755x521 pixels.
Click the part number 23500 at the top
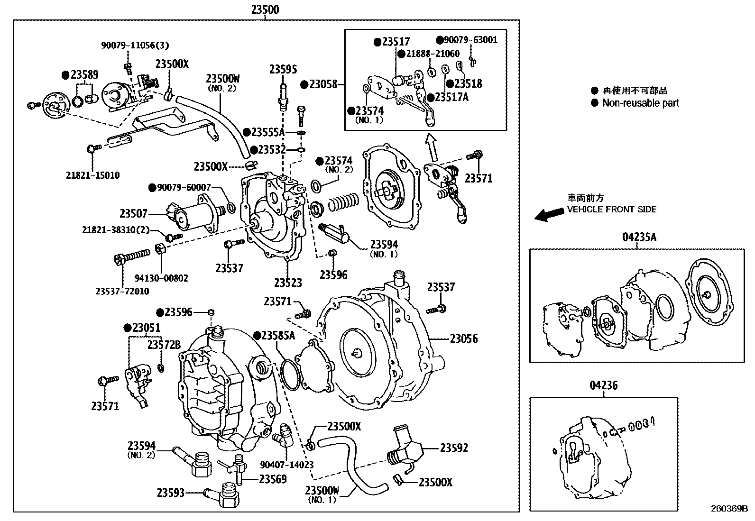click(x=265, y=9)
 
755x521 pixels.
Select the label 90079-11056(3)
click(x=135, y=46)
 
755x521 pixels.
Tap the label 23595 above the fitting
click(x=283, y=70)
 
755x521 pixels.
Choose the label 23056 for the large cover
click(x=463, y=338)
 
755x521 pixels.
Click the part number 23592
click(x=454, y=448)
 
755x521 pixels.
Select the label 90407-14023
click(x=287, y=465)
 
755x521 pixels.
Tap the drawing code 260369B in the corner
click(x=728, y=510)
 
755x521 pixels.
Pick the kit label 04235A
click(x=639, y=237)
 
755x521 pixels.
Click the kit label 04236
click(x=603, y=385)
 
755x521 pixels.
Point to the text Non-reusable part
click(x=640, y=103)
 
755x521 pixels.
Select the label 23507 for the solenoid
click(x=133, y=214)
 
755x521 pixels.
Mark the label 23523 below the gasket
click(x=287, y=283)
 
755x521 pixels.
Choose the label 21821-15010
click(x=92, y=175)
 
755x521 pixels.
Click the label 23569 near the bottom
click(x=273, y=479)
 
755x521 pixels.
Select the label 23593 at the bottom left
click(x=171, y=493)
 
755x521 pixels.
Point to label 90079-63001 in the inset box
click(x=470, y=40)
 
